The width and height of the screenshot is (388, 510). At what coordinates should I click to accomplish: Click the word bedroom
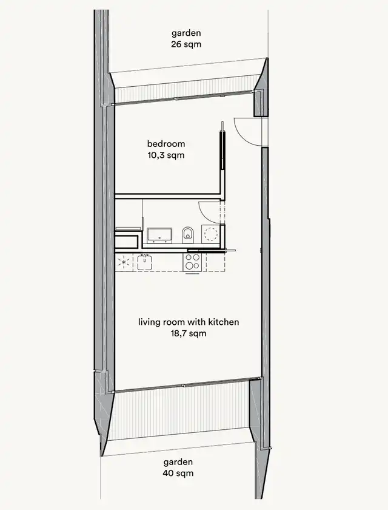[x=166, y=143]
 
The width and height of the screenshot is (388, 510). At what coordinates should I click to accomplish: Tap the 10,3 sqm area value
[x=166, y=155]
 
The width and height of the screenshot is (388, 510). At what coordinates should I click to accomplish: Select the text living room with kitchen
[x=189, y=322]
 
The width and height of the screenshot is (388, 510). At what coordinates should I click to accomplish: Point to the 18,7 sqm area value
[x=189, y=333]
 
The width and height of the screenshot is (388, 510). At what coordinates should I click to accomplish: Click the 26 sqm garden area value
[x=186, y=44]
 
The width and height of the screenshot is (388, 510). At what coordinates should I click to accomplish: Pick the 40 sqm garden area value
[x=178, y=473]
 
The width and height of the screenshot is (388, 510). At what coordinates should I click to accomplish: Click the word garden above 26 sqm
[x=186, y=33]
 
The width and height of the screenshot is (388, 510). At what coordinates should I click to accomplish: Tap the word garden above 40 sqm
[x=178, y=462]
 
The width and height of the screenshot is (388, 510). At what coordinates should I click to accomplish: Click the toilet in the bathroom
[x=188, y=235]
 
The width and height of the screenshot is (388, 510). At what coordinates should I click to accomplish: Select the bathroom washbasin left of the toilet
[x=159, y=235]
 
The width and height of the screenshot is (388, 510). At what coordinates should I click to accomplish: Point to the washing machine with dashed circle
[x=210, y=234]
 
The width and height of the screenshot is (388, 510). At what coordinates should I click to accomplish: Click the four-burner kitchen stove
[x=193, y=262]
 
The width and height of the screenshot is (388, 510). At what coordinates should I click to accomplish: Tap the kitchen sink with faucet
[x=144, y=262]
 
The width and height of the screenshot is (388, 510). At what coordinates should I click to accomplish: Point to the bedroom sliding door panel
[x=222, y=150]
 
